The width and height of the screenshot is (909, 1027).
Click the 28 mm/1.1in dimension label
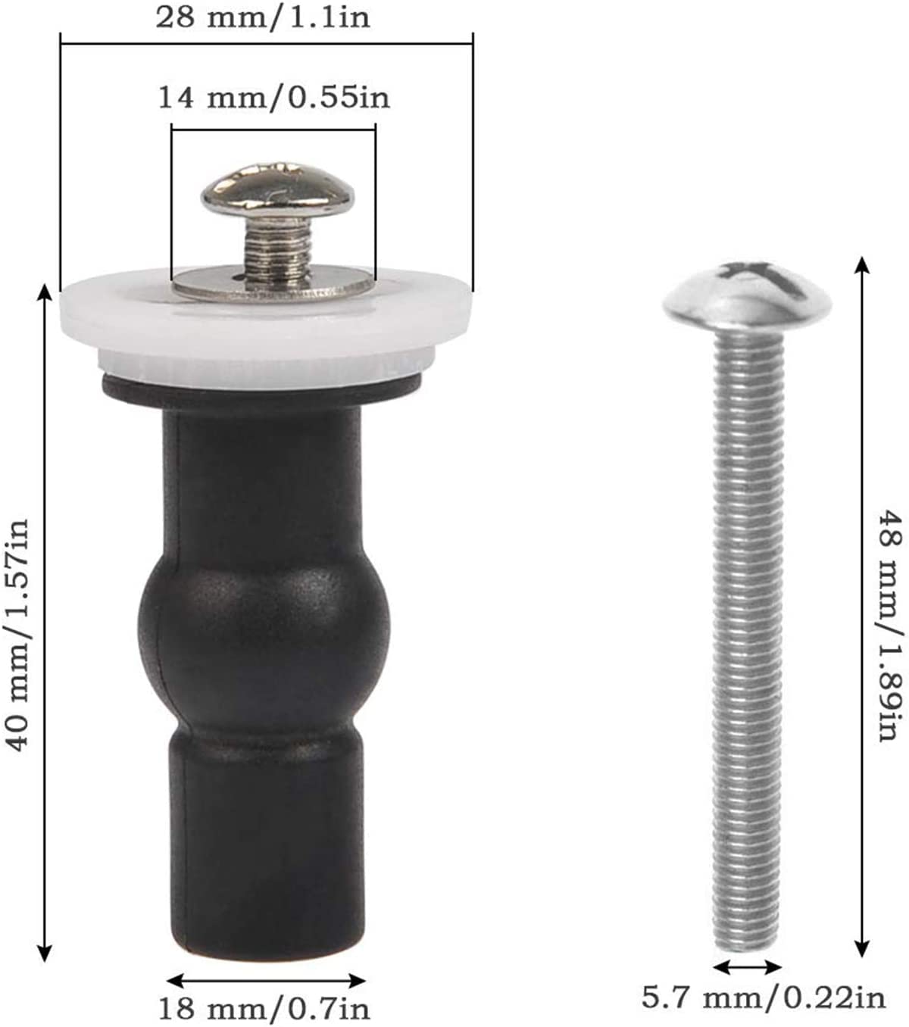click(263, 17)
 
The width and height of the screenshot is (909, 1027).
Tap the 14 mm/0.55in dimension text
click(274, 98)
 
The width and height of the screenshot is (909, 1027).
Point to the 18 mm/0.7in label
click(264, 1008)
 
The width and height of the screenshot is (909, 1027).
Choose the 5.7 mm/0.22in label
click(764, 997)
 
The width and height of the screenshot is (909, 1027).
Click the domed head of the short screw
click(278, 190)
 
